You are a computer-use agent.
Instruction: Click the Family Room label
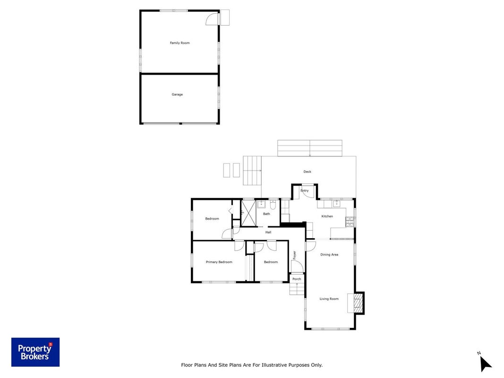(179, 43)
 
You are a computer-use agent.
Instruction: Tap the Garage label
(177, 94)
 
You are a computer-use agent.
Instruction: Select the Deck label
(308, 172)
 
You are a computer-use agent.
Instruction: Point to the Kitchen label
(327, 216)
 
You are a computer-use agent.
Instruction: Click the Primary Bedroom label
(219, 262)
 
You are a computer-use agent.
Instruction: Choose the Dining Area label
(329, 255)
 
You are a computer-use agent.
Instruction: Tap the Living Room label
(329, 299)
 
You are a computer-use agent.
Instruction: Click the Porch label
(297, 279)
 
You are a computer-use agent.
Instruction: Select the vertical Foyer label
(294, 255)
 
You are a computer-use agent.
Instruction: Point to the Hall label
(268, 232)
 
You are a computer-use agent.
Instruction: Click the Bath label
(266, 214)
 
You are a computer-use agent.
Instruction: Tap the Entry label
(304, 190)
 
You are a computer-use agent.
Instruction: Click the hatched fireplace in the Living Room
(357, 303)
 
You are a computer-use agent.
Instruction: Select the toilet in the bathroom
(273, 205)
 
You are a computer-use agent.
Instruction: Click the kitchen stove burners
(350, 222)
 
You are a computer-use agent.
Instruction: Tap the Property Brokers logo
(35, 352)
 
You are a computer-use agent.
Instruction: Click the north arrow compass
(485, 362)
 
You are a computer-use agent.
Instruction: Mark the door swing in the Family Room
(212, 19)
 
